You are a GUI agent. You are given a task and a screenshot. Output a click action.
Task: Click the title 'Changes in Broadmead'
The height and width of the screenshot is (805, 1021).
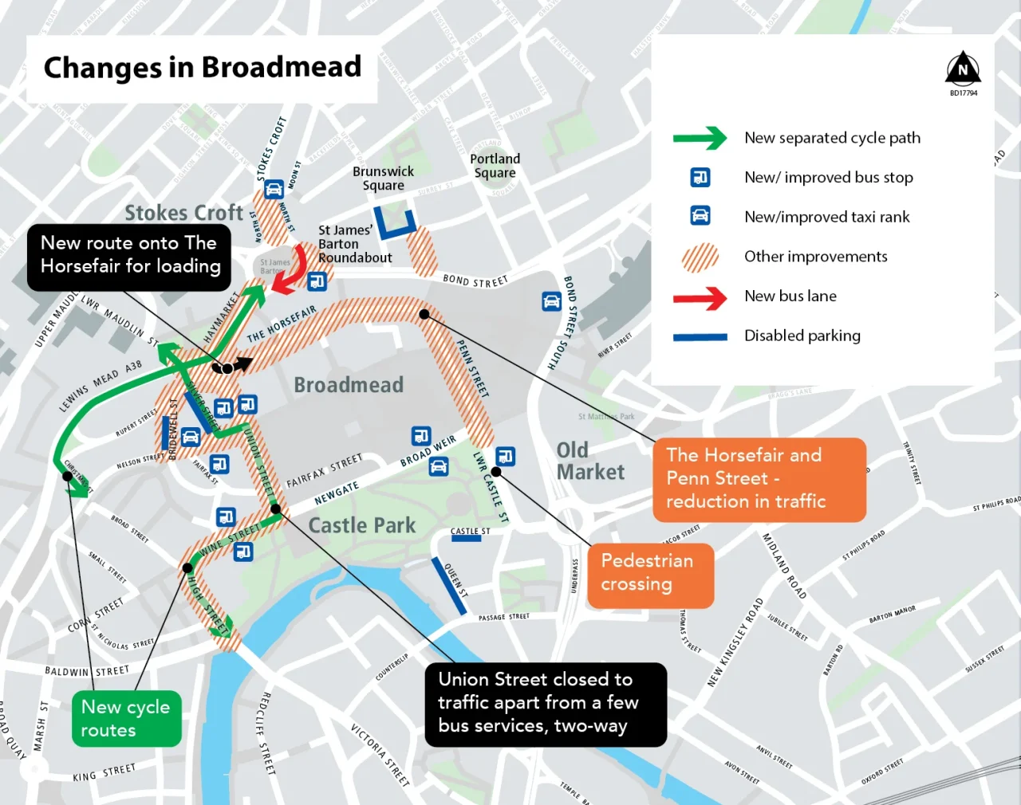coord(202,68)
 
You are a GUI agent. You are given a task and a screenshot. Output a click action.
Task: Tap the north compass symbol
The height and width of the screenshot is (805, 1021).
coord(963,69)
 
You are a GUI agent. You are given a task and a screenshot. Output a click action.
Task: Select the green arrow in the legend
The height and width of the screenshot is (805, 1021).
coord(700,138)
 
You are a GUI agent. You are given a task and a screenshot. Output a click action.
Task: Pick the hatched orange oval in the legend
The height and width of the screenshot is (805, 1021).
coord(700,257)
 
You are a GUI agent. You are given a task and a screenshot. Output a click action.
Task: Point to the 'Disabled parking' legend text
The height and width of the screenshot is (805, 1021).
coord(802,336)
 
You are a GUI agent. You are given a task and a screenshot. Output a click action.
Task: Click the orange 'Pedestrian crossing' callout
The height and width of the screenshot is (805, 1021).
coord(650,574)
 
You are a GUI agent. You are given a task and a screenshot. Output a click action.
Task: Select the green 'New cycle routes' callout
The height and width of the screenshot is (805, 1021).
coord(126,718)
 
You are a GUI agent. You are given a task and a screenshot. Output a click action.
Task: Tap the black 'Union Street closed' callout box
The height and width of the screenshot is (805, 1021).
coord(546,704)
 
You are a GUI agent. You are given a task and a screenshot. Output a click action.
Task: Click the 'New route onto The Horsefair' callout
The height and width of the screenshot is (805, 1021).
coord(129,256)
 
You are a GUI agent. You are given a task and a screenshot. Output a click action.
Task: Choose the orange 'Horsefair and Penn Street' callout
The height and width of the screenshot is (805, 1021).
coord(758,479)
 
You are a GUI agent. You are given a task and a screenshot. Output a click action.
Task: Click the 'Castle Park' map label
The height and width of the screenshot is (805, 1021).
coord(362,526)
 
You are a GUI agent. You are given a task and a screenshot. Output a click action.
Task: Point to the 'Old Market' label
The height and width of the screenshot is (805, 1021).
coord(590,461)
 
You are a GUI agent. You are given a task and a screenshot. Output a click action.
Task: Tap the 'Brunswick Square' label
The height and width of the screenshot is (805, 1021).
coord(383,179)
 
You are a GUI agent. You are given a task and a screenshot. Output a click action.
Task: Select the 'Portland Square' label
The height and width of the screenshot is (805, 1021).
coord(495,166)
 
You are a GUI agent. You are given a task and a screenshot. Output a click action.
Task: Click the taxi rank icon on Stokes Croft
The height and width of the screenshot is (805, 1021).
coord(274,189)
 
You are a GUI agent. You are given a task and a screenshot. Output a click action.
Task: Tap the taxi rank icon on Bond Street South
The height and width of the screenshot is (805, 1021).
coord(551,300)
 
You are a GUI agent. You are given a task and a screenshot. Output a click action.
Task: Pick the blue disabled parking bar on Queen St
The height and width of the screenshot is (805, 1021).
coord(449,586)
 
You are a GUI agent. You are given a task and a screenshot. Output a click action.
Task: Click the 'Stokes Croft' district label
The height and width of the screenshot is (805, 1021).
coord(183,213)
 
